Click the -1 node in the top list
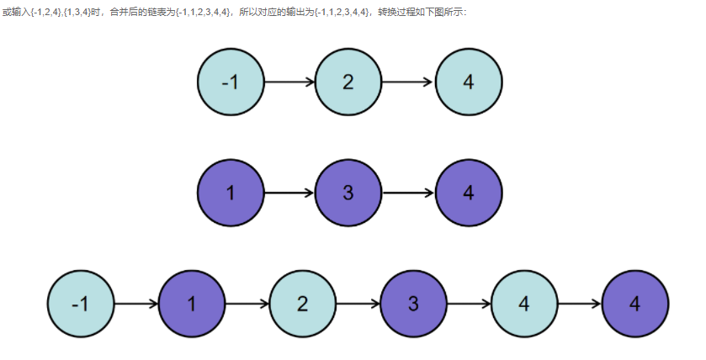click(x=231, y=82)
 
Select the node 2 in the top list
click(x=348, y=82)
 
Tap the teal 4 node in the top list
click(x=469, y=82)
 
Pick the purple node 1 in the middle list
click(x=231, y=193)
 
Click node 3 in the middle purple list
click(x=348, y=193)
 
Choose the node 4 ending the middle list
click(x=469, y=193)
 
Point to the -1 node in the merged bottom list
click(x=80, y=304)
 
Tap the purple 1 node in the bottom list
click(x=191, y=304)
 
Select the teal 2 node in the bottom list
click(x=302, y=304)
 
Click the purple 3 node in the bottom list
click(x=413, y=304)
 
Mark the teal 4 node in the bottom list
click(x=524, y=304)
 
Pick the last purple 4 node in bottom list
click(x=635, y=304)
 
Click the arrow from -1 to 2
click(x=289, y=82)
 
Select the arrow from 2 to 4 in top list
click(x=408, y=82)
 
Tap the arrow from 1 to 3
click(x=289, y=193)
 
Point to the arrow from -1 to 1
click(x=135, y=304)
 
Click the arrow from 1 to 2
click(x=247, y=304)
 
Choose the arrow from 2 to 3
click(x=358, y=304)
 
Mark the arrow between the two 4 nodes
click(x=580, y=304)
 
